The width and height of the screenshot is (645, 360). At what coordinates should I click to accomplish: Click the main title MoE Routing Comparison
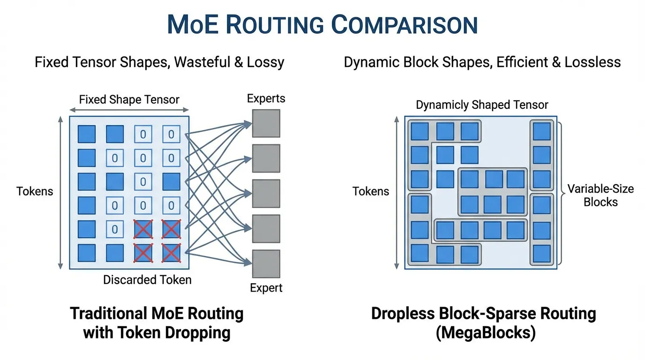click(x=322, y=24)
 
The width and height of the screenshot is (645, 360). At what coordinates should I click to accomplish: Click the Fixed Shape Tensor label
click(x=129, y=100)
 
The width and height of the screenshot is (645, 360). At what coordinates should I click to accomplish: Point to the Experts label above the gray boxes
click(x=266, y=98)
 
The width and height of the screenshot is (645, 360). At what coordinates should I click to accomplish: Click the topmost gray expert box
click(x=266, y=123)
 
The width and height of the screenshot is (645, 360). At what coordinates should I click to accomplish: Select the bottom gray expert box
click(x=266, y=263)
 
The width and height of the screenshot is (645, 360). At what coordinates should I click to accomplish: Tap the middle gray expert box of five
click(x=266, y=194)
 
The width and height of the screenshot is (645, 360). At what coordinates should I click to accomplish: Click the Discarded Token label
click(x=147, y=280)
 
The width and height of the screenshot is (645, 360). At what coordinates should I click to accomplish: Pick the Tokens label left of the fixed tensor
click(x=35, y=191)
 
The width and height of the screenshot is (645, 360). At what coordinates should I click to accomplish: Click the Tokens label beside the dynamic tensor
click(x=371, y=191)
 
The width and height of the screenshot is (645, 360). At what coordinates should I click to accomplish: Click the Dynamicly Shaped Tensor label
click(x=482, y=105)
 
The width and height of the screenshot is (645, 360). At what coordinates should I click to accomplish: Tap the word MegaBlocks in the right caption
click(x=484, y=333)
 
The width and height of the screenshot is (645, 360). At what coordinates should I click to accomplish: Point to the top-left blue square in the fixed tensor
click(x=86, y=134)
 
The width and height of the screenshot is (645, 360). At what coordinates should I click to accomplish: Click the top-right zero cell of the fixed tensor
click(x=171, y=135)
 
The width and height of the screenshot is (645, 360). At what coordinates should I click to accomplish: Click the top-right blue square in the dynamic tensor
click(x=541, y=132)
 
